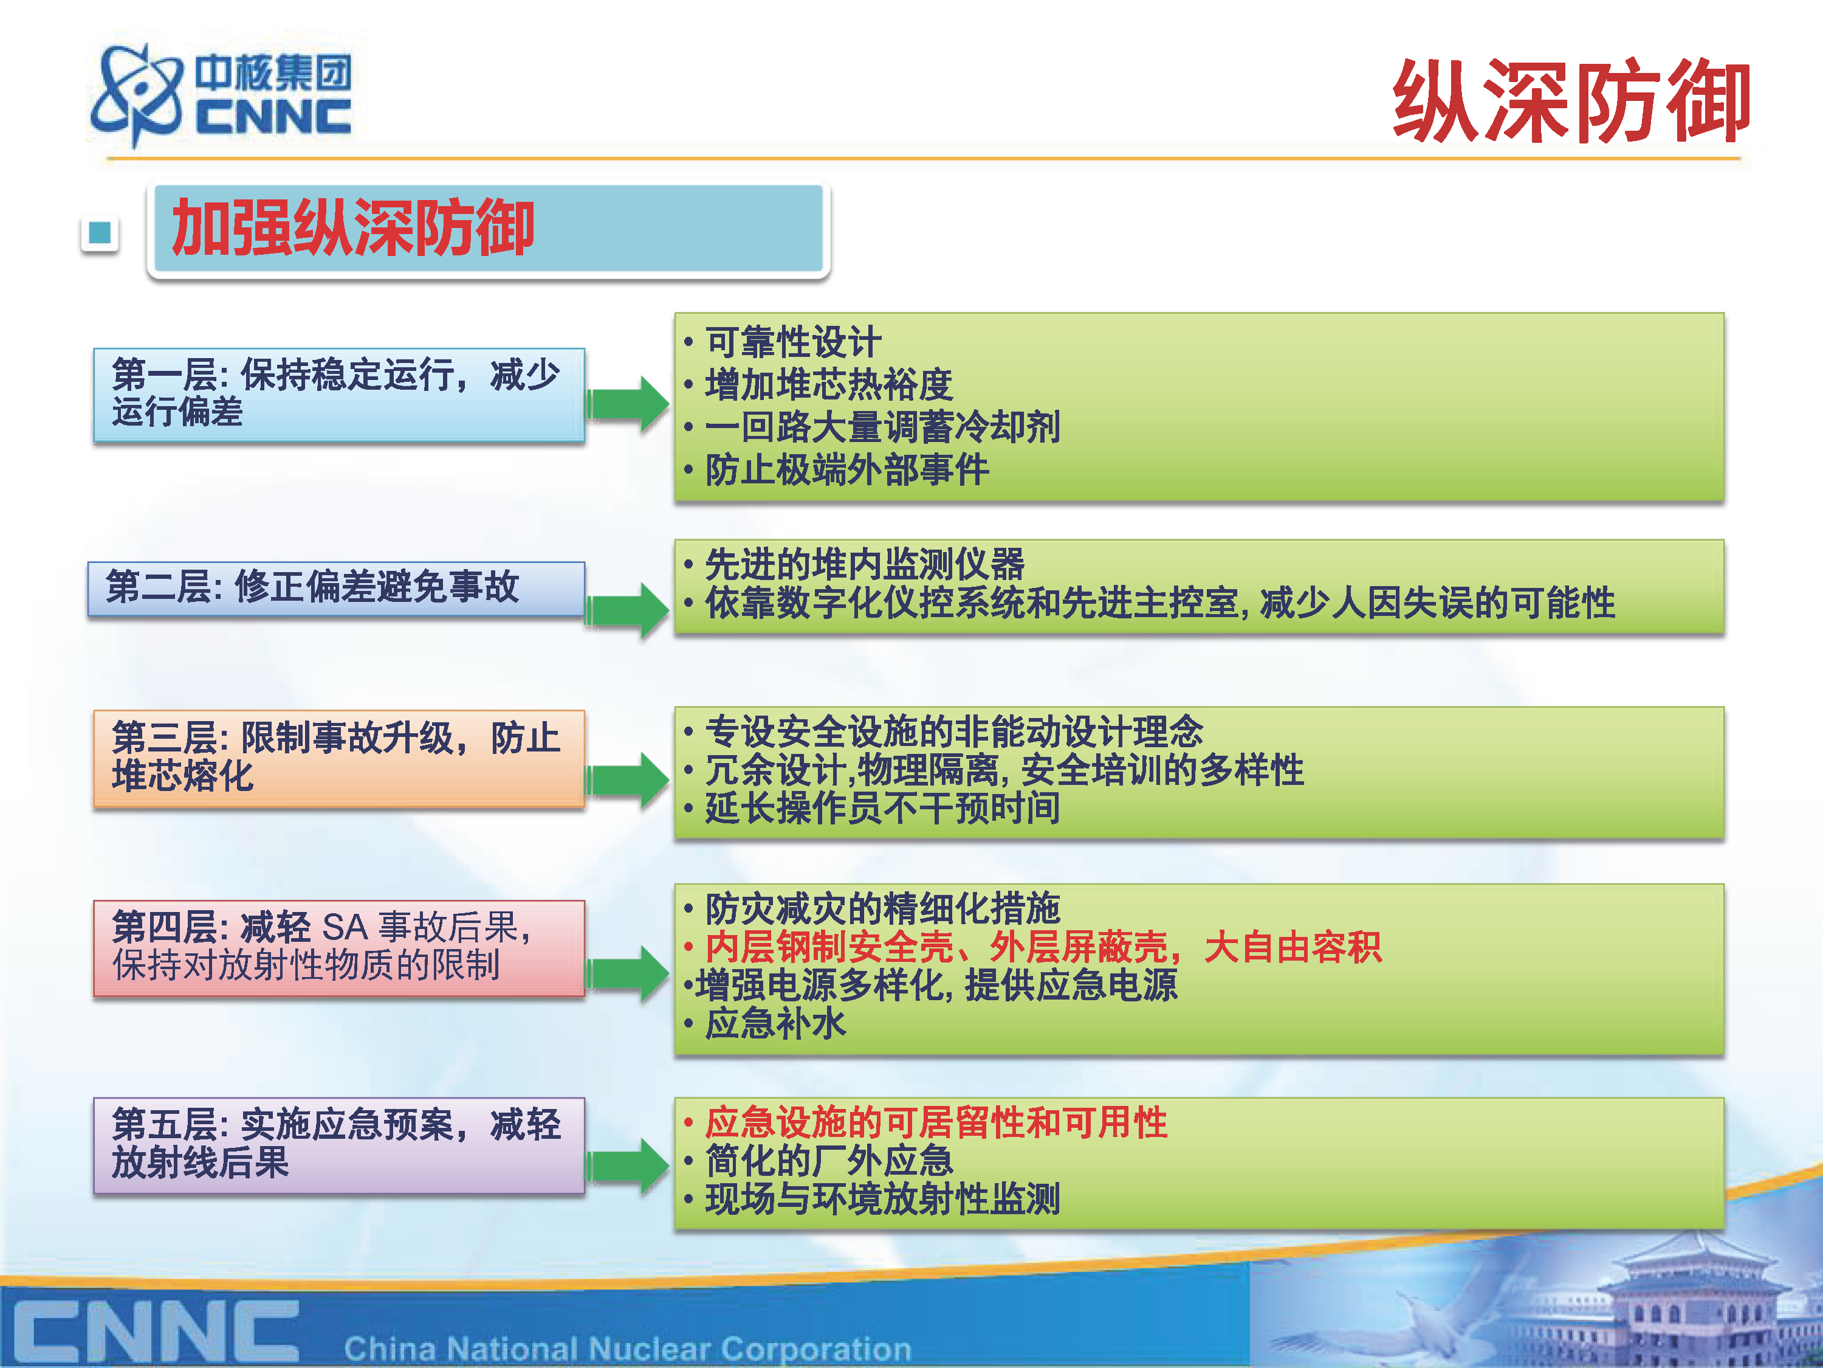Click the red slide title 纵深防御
(1571, 100)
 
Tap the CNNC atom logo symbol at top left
(137, 95)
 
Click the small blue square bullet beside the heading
(100, 233)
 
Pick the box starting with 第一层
(338, 395)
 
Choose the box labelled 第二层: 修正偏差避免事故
(336, 588)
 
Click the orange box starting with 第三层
(338, 758)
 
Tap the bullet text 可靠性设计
(794, 341)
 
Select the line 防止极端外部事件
(847, 470)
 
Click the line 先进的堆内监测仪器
(865, 564)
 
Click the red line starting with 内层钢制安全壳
(1043, 947)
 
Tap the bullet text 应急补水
(775, 1023)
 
